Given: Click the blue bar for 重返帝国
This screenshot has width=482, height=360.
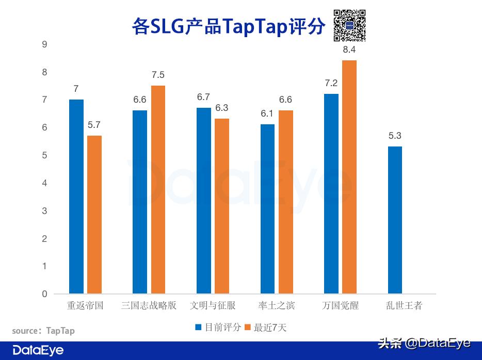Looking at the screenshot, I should tap(76, 197).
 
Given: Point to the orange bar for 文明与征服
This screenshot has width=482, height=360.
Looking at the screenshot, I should tap(222, 206).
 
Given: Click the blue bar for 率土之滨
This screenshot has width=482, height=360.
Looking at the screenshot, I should tap(267, 209).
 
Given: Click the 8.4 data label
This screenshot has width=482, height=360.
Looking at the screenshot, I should tap(349, 50).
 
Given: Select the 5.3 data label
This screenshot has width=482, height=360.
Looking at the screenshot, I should tap(395, 136).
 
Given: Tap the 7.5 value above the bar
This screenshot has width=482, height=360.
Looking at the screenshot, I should tap(158, 75).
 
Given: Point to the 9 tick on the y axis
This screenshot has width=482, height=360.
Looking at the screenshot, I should tap(44, 44).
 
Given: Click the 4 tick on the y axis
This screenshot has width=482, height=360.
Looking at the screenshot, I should tap(44, 183).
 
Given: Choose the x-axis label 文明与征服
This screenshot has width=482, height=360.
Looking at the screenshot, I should tap(213, 305).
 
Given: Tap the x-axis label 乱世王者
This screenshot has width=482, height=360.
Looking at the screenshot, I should tap(404, 305).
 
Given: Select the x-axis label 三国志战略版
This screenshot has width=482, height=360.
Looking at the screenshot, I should tap(149, 305).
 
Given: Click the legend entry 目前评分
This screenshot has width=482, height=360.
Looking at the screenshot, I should tap(218, 327).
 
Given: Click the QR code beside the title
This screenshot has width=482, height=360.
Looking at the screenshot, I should tap(349, 25).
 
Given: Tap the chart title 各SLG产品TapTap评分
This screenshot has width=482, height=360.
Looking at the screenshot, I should tap(229, 26).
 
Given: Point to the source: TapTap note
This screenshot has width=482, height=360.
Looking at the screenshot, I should tap(43, 331).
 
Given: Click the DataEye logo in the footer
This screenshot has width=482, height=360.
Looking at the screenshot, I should tap(38, 350).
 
